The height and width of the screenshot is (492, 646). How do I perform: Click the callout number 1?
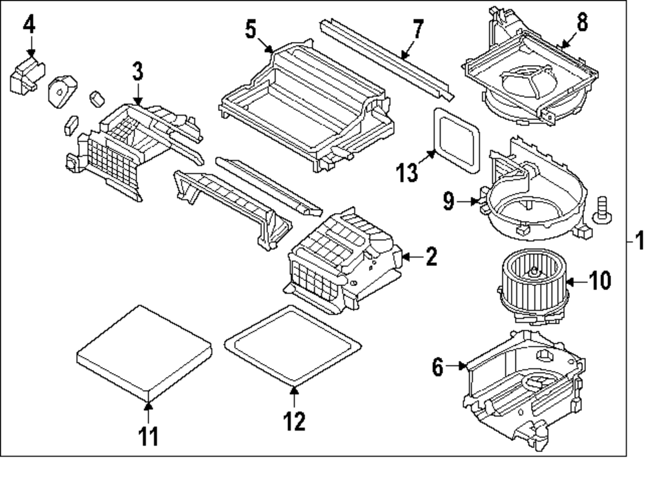coord(638,243)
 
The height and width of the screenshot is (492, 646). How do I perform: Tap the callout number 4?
coord(30,25)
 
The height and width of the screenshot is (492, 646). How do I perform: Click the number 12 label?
coord(293,421)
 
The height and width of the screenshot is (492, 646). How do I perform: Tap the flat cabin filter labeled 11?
coord(145,352)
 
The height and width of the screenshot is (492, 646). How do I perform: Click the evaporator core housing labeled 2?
coord(342,265)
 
